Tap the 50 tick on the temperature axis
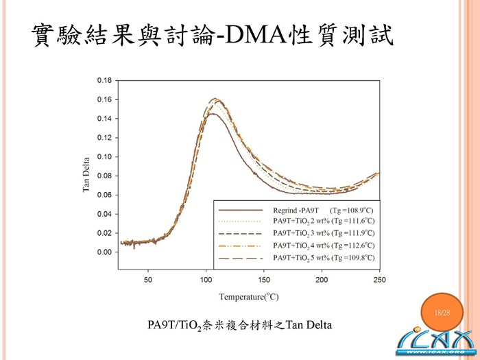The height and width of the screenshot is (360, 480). click(148, 279)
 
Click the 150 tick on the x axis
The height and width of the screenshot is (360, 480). click(264, 279)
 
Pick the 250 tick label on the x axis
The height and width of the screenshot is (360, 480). click(379, 279)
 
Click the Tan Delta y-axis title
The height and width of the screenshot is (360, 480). click(87, 176)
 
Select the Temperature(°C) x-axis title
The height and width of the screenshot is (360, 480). click(248, 297)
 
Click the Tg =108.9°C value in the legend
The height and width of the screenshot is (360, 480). click(352, 208)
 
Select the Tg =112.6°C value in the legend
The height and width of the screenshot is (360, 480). click(352, 245)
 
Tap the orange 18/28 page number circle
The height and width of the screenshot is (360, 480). click(442, 313)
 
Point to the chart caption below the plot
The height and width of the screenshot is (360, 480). click(240, 324)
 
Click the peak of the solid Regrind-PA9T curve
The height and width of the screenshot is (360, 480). click(212, 114)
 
